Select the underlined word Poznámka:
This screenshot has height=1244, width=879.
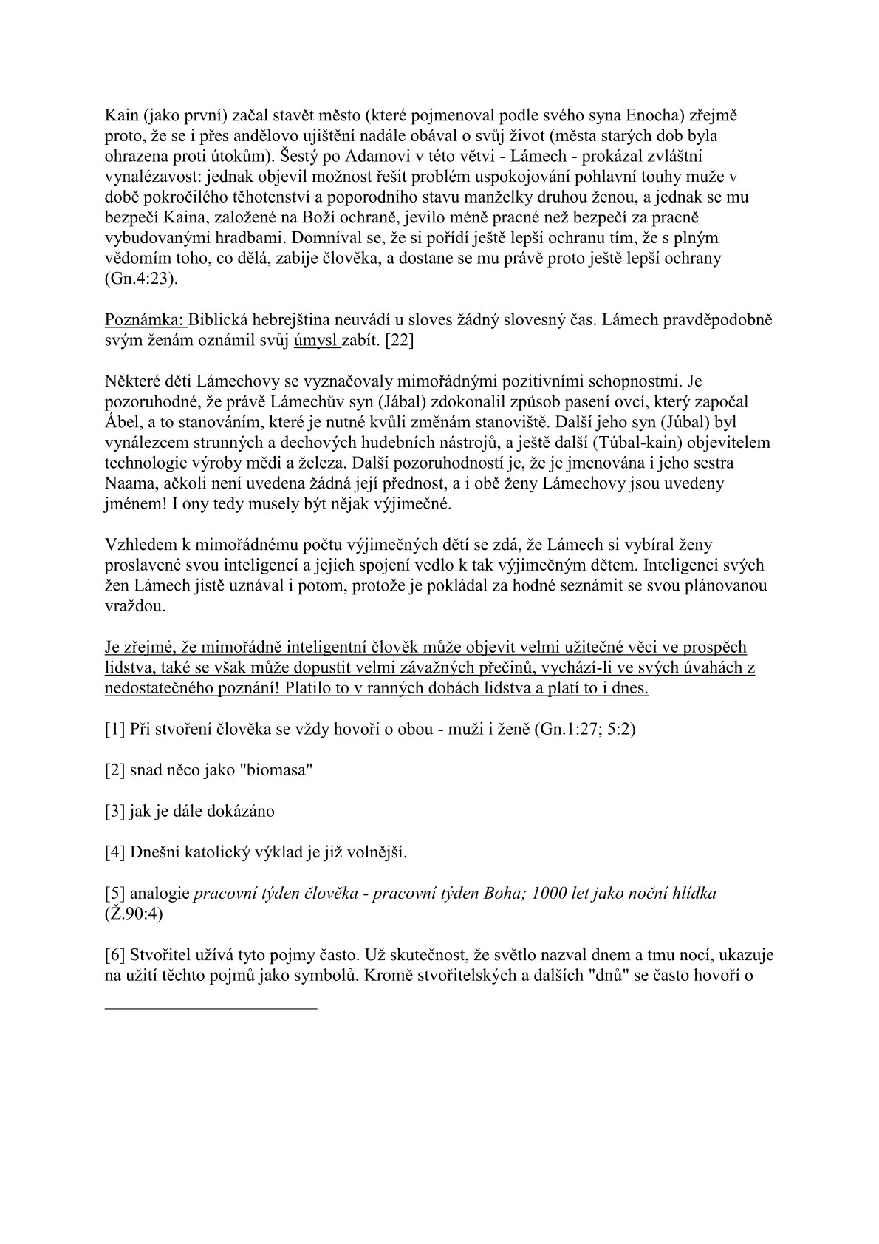[144, 321]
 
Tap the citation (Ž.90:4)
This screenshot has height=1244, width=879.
[134, 914]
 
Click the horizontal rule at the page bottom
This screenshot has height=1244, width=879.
[211, 1007]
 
